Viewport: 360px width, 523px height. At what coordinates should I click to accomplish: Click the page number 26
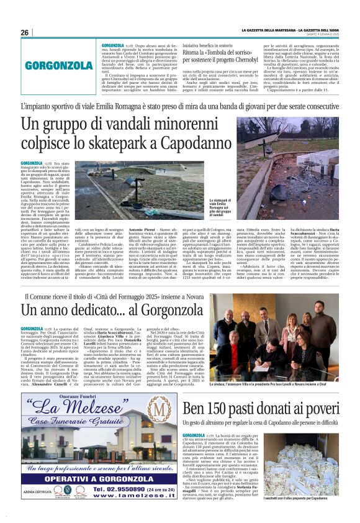point(25,32)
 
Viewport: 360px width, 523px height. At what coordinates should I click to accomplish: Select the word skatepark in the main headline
point(187,143)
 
